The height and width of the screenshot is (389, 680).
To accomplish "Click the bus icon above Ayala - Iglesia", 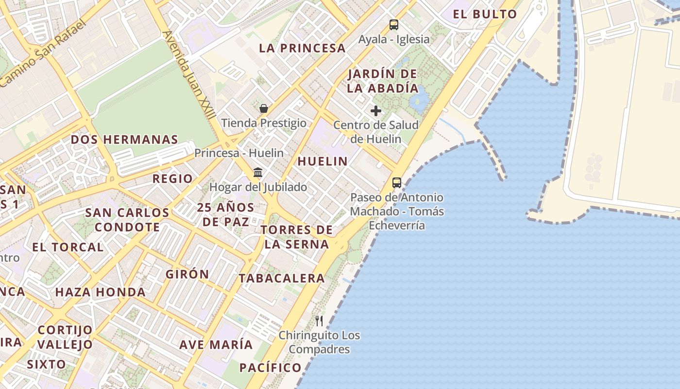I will pyautogui.click(x=394, y=24).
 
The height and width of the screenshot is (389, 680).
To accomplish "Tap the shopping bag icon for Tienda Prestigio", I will pyautogui.click(x=264, y=108).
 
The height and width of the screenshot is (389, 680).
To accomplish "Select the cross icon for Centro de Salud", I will pyautogui.click(x=376, y=111).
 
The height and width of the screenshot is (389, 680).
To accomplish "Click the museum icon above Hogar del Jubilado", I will pyautogui.click(x=258, y=173).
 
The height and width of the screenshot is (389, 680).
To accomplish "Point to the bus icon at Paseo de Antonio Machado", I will pyautogui.click(x=397, y=183).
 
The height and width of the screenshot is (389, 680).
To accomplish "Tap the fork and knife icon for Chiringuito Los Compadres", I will pyautogui.click(x=319, y=321).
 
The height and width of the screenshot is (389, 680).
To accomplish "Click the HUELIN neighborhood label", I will pyautogui.click(x=323, y=161).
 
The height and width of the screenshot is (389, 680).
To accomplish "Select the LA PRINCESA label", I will pyautogui.click(x=302, y=48).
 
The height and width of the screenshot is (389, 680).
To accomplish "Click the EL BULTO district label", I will pyautogui.click(x=485, y=14).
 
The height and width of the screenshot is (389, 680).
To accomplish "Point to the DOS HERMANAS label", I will pyautogui.click(x=124, y=140).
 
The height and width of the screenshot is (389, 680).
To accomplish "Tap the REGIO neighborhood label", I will pyautogui.click(x=172, y=179).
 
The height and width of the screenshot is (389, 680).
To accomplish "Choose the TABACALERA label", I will pyautogui.click(x=282, y=278).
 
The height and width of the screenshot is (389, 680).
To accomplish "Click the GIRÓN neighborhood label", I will pyautogui.click(x=187, y=274).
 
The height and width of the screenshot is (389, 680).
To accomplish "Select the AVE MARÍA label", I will pyautogui.click(x=216, y=345).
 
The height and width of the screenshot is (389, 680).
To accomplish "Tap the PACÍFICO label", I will pyautogui.click(x=271, y=368).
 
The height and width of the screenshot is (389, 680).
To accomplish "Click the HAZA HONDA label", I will pyautogui.click(x=100, y=292).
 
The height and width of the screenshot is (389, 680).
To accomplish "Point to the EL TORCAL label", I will pyautogui.click(x=68, y=247).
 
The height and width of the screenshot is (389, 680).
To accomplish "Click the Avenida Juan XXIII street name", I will pyautogui.click(x=189, y=75).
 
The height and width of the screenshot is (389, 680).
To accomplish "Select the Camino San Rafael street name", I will pyautogui.click(x=43, y=54).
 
